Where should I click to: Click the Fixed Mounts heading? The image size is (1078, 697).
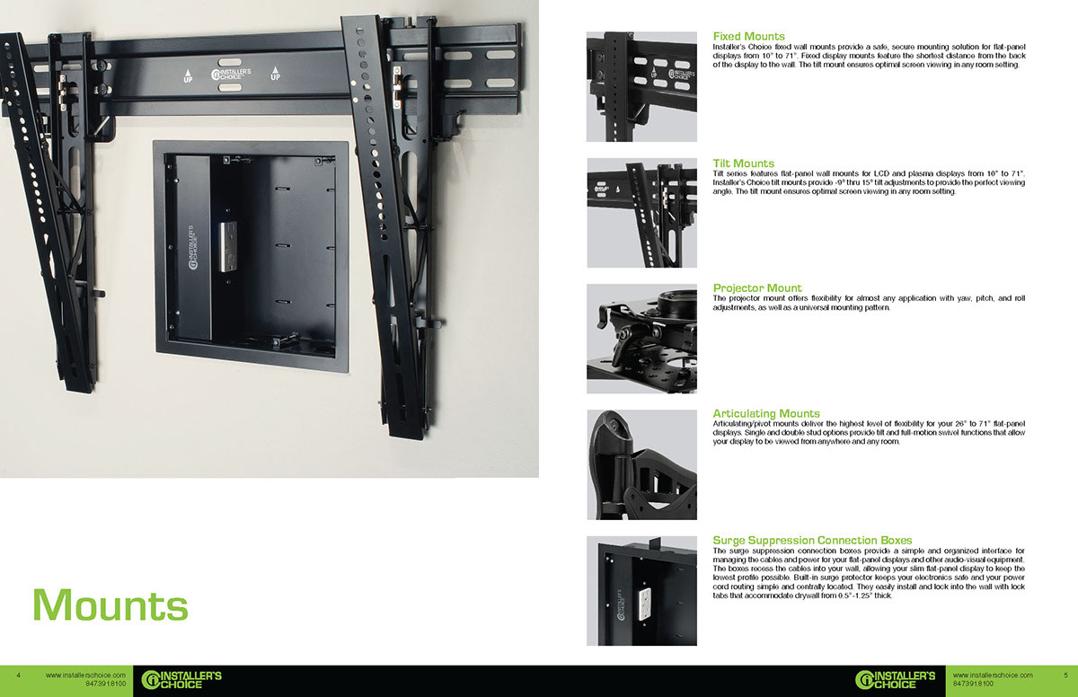click(x=748, y=37)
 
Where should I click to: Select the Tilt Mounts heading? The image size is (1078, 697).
click(x=743, y=163)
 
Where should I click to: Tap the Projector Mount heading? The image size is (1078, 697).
click(x=757, y=288)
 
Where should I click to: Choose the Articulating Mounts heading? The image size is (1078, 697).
click(x=766, y=414)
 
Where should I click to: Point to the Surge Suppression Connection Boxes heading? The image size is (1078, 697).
click(x=812, y=541)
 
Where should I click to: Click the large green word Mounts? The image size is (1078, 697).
click(x=110, y=604)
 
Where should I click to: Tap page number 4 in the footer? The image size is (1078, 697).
click(x=19, y=675)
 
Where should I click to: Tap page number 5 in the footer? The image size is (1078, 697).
click(x=1065, y=675)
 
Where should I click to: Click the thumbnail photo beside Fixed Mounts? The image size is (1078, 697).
click(x=641, y=87)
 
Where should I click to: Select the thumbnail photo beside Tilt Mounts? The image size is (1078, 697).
click(x=641, y=213)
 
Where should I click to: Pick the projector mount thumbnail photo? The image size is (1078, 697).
click(x=641, y=339)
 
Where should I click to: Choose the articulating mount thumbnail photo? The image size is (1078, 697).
click(x=641, y=464)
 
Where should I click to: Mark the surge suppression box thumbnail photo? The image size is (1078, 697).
click(x=641, y=590)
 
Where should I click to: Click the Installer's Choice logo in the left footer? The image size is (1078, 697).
click(x=182, y=680)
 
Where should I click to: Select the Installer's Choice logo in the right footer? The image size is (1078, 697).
click(x=896, y=680)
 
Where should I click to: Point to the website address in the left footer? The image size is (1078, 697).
click(x=85, y=675)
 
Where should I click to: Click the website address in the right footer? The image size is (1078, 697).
click(x=992, y=675)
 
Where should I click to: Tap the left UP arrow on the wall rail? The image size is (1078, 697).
click(x=187, y=75)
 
